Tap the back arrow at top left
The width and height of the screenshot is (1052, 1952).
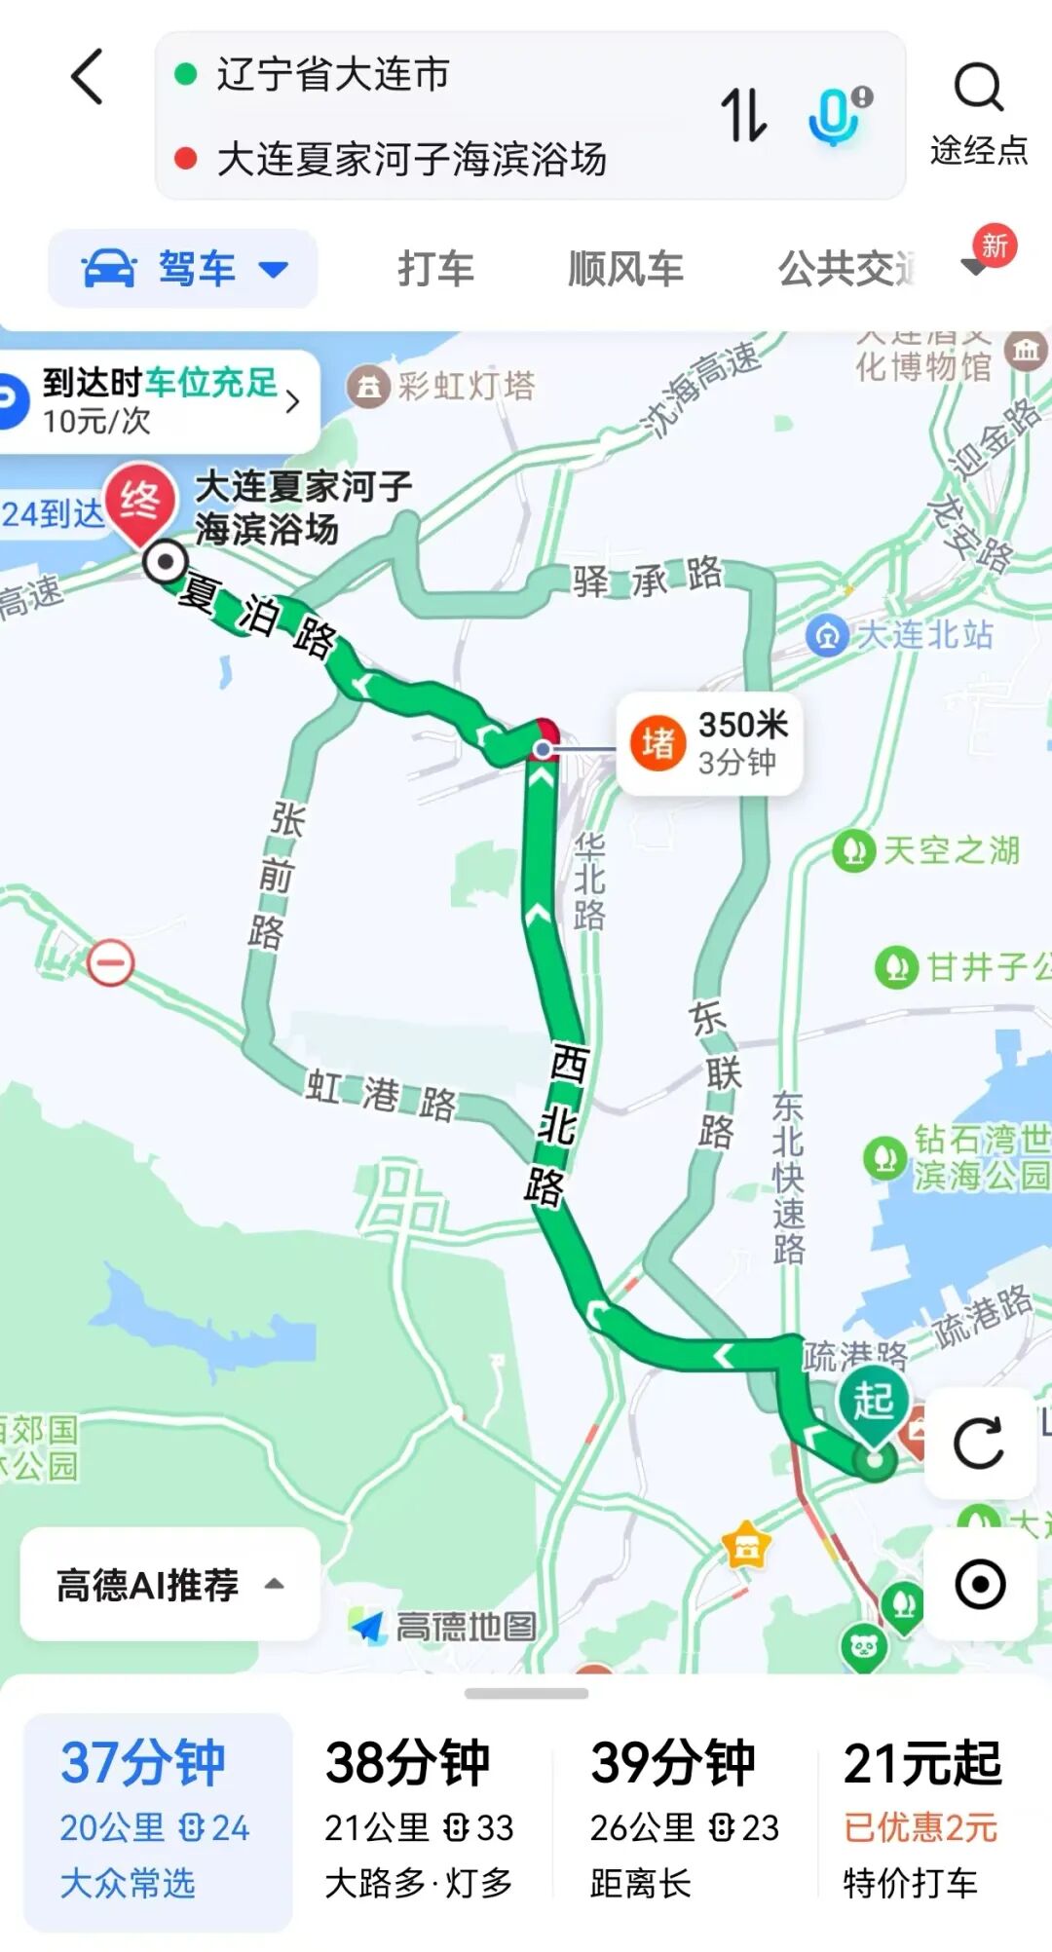[88, 77]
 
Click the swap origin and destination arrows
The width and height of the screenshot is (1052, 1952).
[743, 115]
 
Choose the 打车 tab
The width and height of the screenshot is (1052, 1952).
[435, 269]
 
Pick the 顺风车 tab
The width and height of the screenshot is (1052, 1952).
[625, 269]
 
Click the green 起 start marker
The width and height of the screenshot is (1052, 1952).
[874, 1403]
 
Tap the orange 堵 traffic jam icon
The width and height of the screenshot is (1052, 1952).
[658, 743]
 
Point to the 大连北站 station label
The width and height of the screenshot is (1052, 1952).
[923, 635]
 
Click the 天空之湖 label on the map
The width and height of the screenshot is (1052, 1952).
[950, 850]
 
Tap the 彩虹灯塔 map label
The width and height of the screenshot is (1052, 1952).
[466, 386]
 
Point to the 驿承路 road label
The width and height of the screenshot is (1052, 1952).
[648, 579]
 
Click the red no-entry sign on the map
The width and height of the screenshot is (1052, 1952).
[110, 963]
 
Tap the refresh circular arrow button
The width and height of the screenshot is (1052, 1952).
[979, 1444]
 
